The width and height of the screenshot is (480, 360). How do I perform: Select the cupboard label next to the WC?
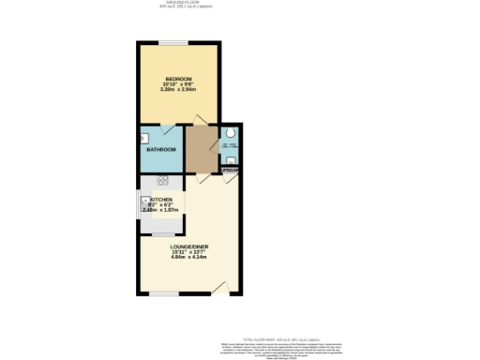(x=230, y=169)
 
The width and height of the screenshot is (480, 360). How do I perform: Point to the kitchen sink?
(x=146, y=202)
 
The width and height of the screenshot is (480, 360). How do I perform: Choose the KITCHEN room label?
(x=159, y=199)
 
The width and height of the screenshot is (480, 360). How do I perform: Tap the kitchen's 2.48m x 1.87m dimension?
(x=159, y=210)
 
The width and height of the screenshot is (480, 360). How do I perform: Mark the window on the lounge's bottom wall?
(x=163, y=293)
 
